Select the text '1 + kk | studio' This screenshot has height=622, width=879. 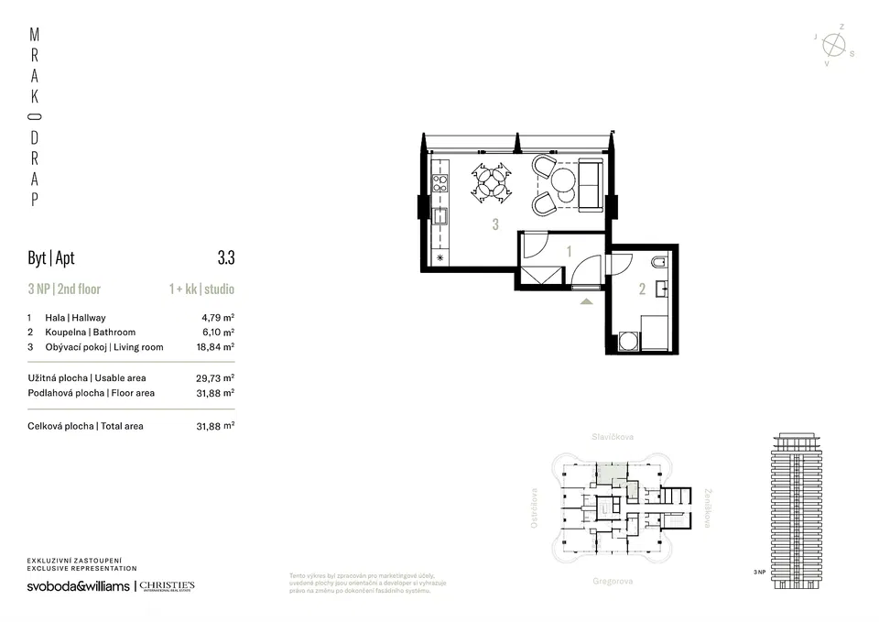pos(201,289)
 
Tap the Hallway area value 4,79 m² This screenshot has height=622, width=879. pos(218,318)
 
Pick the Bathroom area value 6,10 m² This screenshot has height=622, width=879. pos(218,333)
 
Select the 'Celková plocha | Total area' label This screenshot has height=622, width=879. pos(85,426)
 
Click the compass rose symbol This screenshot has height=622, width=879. pos(833,45)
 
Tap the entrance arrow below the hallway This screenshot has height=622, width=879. pos(586,299)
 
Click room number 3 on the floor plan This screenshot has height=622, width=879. pos(495,224)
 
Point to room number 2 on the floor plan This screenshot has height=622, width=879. pos(642,290)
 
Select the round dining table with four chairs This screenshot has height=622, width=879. pos(493,181)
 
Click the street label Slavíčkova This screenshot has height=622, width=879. pos(613,438)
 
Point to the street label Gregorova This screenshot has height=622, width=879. pos(613,581)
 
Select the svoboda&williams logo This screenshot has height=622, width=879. pos(78,586)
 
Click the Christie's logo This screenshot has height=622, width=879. pos(167,586)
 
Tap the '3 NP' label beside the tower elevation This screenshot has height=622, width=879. pos(759,572)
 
